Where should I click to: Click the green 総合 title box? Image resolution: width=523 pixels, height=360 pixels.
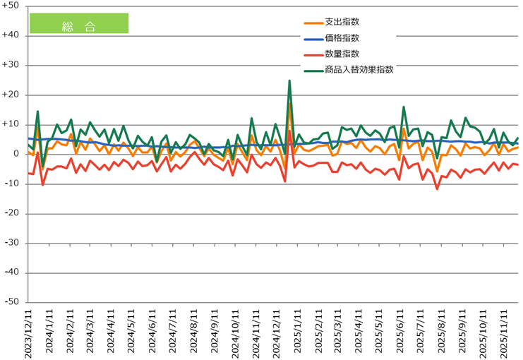78,23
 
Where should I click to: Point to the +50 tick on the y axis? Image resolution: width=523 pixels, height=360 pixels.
12,6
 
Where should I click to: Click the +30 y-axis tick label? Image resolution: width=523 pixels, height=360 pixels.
12,65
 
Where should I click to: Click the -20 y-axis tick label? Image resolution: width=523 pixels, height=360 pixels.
12,213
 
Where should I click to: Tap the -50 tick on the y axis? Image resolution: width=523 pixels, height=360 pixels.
12,302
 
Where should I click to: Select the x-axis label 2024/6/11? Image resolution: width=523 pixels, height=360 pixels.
152,332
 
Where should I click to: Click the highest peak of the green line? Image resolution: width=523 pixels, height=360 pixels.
289,80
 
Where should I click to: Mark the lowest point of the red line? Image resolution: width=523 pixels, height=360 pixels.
437,188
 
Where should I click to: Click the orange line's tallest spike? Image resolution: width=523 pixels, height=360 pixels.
289,103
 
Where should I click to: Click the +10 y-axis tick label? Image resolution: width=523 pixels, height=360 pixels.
12,124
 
